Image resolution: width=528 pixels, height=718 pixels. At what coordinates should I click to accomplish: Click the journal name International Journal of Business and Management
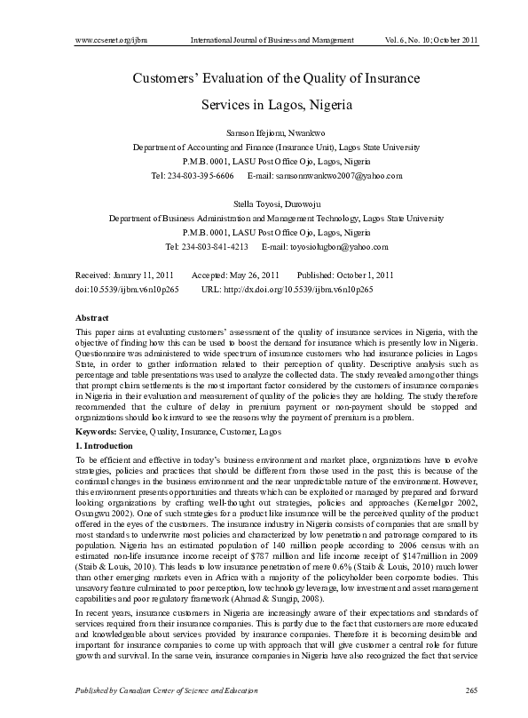(272, 41)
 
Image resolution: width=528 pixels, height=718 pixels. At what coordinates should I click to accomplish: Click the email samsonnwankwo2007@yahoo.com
(325, 175)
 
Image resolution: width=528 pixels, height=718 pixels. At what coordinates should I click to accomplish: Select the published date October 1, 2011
(367, 276)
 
